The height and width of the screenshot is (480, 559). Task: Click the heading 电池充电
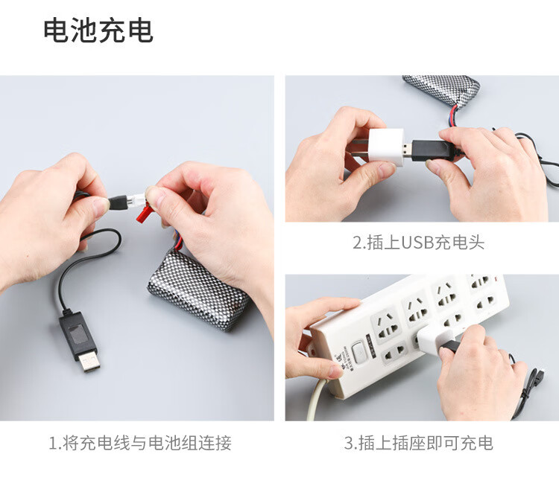pyautogui.click(x=98, y=31)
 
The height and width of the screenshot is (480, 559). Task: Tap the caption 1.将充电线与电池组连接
pyautogui.click(x=140, y=443)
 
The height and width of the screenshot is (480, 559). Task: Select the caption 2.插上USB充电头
pyautogui.click(x=419, y=243)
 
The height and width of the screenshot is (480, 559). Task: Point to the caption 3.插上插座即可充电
pyautogui.click(x=419, y=443)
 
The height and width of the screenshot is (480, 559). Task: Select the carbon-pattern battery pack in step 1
pyautogui.click(x=198, y=289)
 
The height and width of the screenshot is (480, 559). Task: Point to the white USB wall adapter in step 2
pyautogui.click(x=386, y=148)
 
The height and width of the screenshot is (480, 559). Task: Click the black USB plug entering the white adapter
pyautogui.click(x=432, y=150)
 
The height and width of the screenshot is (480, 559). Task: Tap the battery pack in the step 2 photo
pyautogui.click(x=441, y=89)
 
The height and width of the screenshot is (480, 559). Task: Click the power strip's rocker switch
pyautogui.click(x=359, y=353)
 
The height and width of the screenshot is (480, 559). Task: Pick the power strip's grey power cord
pyautogui.click(x=315, y=400)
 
